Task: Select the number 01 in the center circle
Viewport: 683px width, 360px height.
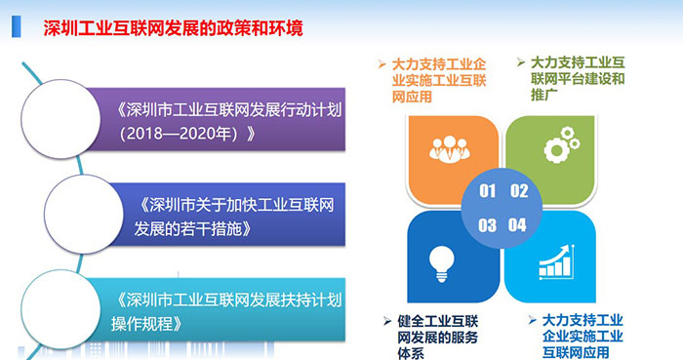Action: [488, 190]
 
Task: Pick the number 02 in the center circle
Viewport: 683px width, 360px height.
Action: [518, 190]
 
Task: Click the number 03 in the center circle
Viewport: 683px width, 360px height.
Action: [488, 225]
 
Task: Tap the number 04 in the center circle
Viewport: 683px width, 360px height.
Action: [518, 225]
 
